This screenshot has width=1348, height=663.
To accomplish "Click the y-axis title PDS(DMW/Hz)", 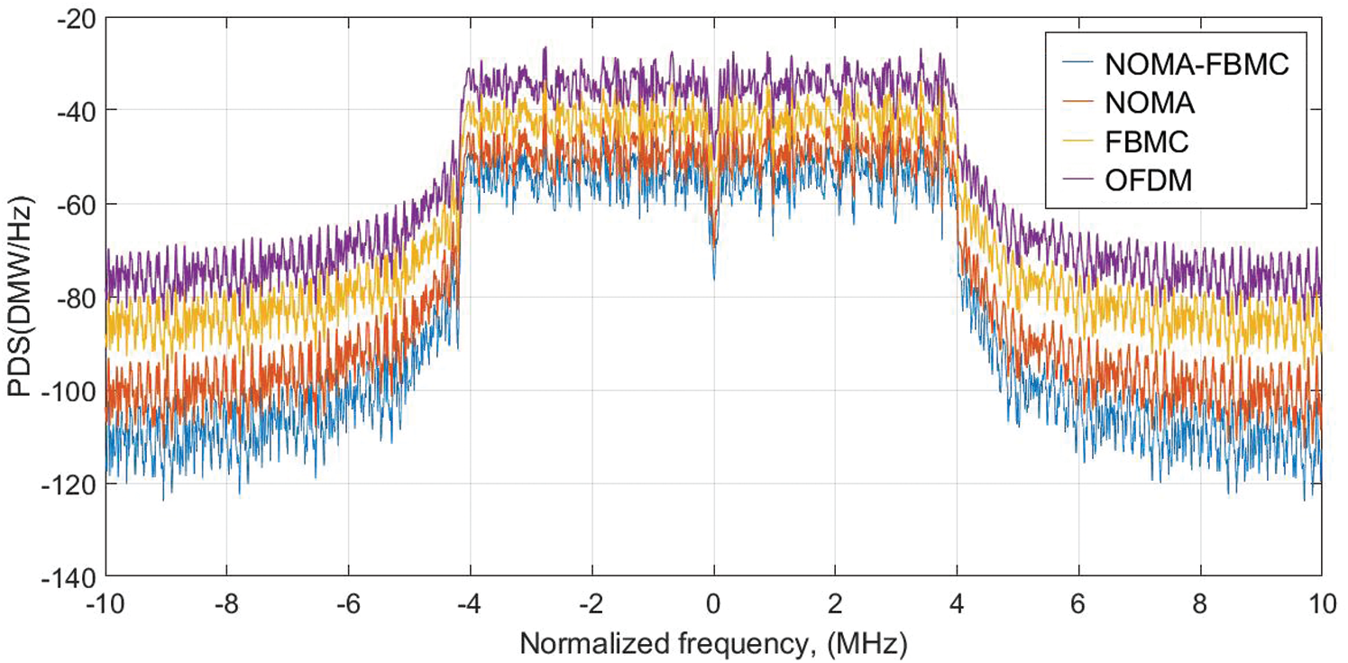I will (x=20, y=298).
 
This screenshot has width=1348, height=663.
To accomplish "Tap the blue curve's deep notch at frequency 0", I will (x=714, y=276).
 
